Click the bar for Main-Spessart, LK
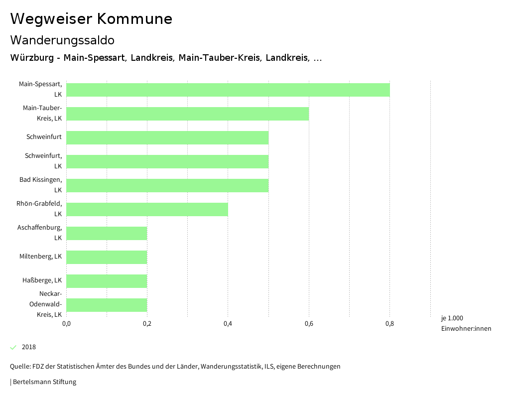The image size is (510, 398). [228, 90]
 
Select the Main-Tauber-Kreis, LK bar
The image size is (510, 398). [187, 114]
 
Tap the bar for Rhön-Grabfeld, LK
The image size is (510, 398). [147, 209]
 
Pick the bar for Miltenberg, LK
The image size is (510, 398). [107, 257]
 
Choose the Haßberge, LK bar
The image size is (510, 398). [107, 281]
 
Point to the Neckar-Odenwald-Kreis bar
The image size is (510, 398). [107, 305]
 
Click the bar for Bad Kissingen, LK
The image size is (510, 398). [167, 185]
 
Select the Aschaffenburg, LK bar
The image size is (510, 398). [107, 233]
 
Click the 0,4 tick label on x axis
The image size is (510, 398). [228, 324]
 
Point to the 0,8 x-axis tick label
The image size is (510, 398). [389, 324]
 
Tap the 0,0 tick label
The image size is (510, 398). [66, 324]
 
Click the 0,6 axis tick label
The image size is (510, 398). [309, 324]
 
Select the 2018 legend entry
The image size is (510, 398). [28, 347]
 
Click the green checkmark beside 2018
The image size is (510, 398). [13, 347]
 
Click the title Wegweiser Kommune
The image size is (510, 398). [91, 19]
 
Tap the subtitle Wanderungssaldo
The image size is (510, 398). [62, 40]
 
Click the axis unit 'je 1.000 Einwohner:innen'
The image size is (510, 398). [466, 323]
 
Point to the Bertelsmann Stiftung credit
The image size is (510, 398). [44, 382]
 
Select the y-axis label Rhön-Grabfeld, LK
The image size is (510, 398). [39, 208]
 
